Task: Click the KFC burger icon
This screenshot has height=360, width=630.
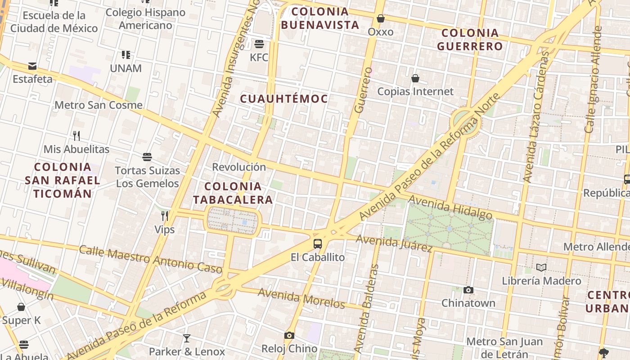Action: (259, 44)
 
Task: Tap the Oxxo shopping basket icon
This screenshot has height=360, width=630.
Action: (381, 19)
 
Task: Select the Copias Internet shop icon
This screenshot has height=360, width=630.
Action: (415, 78)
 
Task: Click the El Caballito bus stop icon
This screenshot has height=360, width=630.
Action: (318, 244)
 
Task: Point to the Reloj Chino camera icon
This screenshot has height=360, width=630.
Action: (289, 336)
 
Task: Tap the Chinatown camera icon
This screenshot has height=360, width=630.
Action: (468, 290)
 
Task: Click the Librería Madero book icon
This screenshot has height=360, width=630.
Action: (541, 268)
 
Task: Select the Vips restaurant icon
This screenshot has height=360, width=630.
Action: (165, 216)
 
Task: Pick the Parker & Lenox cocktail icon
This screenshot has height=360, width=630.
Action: (187, 338)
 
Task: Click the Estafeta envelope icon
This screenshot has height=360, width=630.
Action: (32, 66)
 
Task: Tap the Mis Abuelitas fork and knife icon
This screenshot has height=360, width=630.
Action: (76, 135)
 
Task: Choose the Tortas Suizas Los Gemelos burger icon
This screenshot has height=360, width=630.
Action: (147, 157)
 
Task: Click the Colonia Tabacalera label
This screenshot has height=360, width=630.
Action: (233, 193)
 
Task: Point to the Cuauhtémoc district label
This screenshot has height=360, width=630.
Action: (284, 99)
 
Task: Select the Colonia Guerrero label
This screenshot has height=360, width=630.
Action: (470, 39)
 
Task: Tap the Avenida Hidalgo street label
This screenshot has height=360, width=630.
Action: (450, 208)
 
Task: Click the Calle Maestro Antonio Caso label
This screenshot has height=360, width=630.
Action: (150, 259)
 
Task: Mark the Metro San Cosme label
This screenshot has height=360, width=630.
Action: (99, 105)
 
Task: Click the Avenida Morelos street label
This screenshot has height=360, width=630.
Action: (301, 298)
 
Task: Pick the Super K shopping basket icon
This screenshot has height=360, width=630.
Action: (21, 307)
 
